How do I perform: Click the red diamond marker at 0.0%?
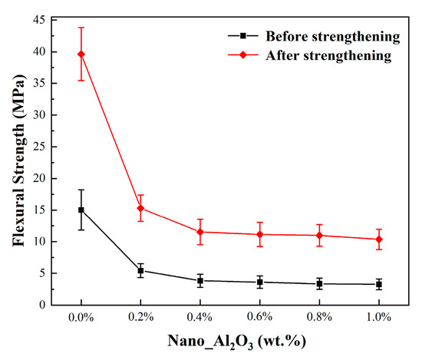point(81,54)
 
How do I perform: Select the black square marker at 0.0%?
point(81,210)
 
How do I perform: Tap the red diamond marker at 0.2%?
point(140,208)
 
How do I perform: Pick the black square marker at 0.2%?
point(140,271)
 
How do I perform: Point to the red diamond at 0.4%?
point(200,232)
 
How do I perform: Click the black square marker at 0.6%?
point(259,282)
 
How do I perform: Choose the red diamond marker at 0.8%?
point(319,236)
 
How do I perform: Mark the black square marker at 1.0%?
point(379,284)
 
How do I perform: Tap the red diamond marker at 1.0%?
point(379,239)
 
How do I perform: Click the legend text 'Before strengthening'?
point(333,36)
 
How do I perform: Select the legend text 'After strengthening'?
point(328,55)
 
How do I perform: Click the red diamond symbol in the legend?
point(243,55)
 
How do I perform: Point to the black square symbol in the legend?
point(243,35)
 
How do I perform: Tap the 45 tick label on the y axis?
point(39,20)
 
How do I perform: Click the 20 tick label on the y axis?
point(39,178)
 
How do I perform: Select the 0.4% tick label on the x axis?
point(199,317)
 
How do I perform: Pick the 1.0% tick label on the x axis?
point(379,317)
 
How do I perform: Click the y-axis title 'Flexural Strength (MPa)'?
point(19,160)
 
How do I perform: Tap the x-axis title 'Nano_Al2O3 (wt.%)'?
point(237,342)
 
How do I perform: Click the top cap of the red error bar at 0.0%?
point(81,28)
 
